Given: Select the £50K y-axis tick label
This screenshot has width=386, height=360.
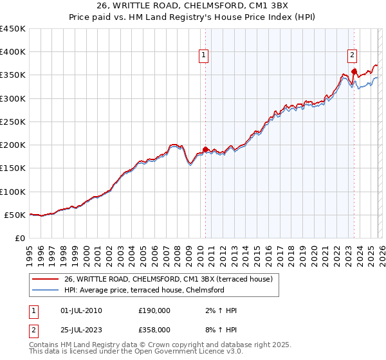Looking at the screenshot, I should tap(15, 215).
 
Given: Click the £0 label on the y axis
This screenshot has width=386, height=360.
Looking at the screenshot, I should tap(21, 238).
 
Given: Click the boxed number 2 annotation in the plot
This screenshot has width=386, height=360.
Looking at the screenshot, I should tap(353, 55).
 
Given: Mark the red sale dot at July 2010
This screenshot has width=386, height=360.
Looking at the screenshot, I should tap(205, 150).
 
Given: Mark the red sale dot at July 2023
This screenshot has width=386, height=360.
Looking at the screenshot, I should tap(354, 71).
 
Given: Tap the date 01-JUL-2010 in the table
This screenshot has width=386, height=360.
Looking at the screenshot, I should tap(80, 310).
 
